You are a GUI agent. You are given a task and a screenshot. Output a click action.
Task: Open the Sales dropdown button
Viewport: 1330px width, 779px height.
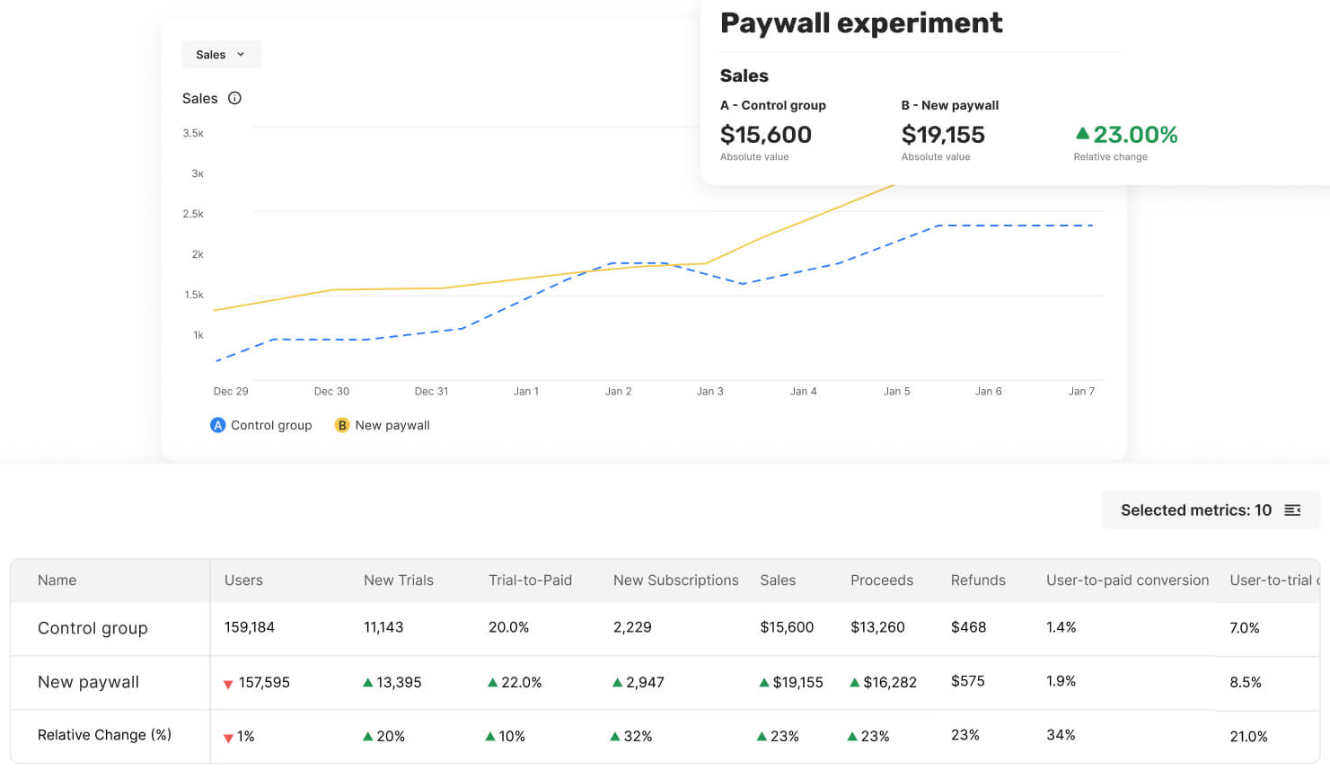tap(221, 55)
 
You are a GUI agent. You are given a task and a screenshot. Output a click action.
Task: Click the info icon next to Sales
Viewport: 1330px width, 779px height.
tap(234, 98)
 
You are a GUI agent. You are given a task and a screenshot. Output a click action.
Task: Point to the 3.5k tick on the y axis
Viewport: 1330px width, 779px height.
tap(193, 133)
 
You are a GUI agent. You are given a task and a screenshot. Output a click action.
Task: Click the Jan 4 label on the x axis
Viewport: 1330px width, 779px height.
tap(803, 391)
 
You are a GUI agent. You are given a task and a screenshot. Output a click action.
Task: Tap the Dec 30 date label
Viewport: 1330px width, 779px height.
tap(331, 391)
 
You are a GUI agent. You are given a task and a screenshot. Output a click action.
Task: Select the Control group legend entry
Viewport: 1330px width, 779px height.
tap(261, 425)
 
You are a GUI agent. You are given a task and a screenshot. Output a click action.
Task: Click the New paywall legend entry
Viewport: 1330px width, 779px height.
tap(383, 425)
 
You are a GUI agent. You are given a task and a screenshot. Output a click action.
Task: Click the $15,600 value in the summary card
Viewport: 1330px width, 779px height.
tap(766, 135)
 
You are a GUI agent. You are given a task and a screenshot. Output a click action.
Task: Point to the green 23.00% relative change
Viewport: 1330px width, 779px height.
tap(1126, 135)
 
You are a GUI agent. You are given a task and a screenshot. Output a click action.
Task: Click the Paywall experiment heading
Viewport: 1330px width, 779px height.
tap(861, 22)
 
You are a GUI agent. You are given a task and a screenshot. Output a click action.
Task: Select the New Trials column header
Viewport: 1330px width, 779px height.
tap(399, 580)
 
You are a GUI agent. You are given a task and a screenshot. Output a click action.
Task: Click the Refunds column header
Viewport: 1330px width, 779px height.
tap(978, 580)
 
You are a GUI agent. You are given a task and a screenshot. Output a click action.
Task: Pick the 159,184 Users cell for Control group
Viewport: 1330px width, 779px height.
tap(250, 627)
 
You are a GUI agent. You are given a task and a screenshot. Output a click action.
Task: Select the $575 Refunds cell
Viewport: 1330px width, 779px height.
tap(968, 681)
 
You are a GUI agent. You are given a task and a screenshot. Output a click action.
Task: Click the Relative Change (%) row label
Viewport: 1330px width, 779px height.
tap(104, 735)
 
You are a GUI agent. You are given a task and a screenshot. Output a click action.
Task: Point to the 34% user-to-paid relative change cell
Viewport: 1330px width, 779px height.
tap(1061, 735)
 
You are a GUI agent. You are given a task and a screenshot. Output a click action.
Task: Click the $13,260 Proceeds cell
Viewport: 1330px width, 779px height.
tap(877, 627)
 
